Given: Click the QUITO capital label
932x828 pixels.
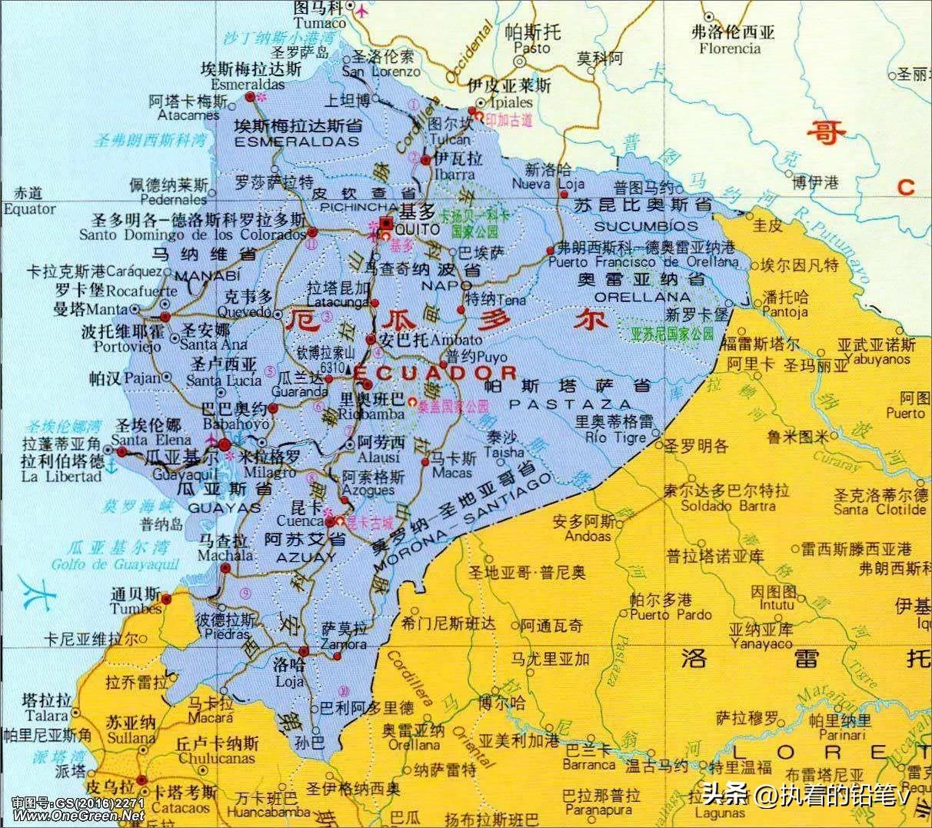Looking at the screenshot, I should coord(416,229).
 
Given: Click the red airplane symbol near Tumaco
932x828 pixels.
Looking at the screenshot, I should coord(360,11).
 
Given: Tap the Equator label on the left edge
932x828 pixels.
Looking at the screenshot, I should coord(28,208).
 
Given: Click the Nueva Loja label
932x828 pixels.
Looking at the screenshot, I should coord(548,184).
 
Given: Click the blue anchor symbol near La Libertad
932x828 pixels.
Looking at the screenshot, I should coord(110,464).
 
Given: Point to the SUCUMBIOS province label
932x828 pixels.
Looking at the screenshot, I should coord(645,226).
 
